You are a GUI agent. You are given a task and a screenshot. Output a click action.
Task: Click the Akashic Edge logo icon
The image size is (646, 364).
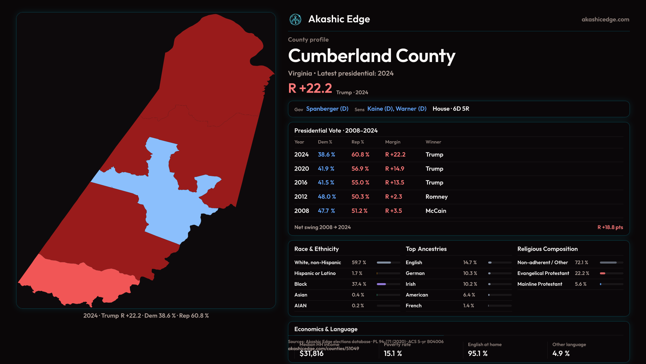(x=295, y=20)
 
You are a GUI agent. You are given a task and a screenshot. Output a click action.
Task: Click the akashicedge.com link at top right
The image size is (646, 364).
(x=605, y=20)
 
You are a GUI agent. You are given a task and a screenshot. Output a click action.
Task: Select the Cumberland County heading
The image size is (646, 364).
(x=371, y=56)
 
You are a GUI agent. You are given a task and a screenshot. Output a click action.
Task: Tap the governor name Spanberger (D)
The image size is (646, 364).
(x=327, y=109)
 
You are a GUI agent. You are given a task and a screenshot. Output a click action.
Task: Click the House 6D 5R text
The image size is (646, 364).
(x=451, y=109)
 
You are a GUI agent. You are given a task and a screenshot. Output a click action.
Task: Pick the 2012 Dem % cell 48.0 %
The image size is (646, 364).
(x=327, y=197)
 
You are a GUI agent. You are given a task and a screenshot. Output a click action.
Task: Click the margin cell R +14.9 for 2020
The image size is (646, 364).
(x=395, y=169)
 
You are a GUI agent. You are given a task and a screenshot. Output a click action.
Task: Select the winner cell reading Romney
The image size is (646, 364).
(x=436, y=197)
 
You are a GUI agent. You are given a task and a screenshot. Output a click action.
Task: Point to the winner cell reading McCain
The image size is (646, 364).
(x=436, y=211)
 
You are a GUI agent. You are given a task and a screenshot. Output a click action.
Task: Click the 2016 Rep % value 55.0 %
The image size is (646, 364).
(x=360, y=183)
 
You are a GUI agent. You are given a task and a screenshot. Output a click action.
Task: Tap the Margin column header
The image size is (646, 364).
(x=393, y=142)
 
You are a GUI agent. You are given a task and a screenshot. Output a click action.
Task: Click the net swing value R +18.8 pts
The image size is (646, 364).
(x=610, y=227)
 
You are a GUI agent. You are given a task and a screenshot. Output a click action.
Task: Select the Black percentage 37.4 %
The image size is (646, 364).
(x=359, y=284)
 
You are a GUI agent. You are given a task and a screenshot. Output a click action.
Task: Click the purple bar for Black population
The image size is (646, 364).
(x=381, y=284)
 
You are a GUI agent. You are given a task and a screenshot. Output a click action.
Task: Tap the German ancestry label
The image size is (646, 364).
(x=415, y=273)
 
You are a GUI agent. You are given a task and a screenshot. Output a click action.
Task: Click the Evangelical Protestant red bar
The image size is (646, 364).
(x=603, y=273)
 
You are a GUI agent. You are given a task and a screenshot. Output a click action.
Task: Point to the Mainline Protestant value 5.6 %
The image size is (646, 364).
(x=580, y=284)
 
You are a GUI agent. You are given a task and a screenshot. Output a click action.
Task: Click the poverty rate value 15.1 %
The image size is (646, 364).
(x=393, y=354)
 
